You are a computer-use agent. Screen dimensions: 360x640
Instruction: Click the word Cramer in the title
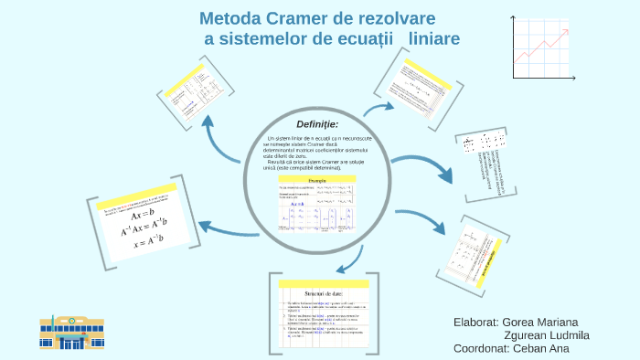(x=308, y=19)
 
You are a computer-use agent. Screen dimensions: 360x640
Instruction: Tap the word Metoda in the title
(x=232, y=19)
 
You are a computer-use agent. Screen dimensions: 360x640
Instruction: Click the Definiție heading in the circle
(x=317, y=124)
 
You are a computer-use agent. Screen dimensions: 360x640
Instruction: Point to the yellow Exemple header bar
(x=316, y=182)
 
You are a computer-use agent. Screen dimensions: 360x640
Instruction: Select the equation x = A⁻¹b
(x=147, y=243)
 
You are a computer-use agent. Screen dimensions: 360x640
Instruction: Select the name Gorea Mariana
(x=540, y=323)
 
